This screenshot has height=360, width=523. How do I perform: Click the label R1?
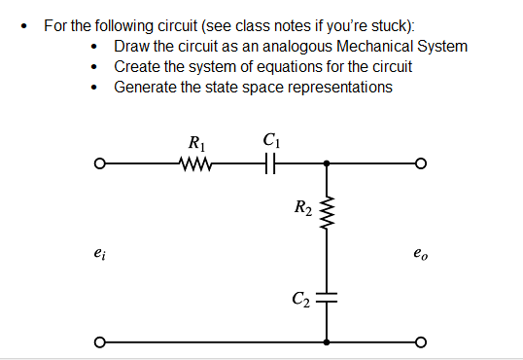pos(194,142)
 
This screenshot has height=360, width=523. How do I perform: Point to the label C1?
pos(271,142)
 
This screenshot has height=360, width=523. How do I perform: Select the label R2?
pos(302,206)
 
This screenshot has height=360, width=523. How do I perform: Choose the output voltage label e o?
pos(420,255)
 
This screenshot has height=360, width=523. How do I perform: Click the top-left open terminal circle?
pos(99,163)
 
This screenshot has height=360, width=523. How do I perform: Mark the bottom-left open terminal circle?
pos(99,342)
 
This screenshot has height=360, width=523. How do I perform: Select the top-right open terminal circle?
pos(420,163)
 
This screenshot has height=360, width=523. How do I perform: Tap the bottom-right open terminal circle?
pos(420,342)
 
